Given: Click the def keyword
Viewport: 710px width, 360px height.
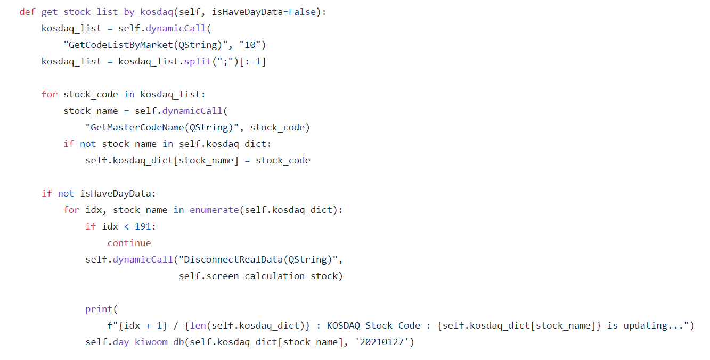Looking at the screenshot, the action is point(27,12).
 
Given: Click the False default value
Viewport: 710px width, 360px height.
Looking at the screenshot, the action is point(302,12).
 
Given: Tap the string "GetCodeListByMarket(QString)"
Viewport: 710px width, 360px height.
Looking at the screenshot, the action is point(143,45).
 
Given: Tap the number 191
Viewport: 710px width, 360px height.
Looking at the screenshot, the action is point(143,226).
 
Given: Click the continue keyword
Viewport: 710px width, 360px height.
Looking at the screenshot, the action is point(129,243).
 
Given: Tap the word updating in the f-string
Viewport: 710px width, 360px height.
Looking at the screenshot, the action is point(648,325).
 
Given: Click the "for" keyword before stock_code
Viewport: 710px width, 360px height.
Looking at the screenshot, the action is point(50,94).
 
